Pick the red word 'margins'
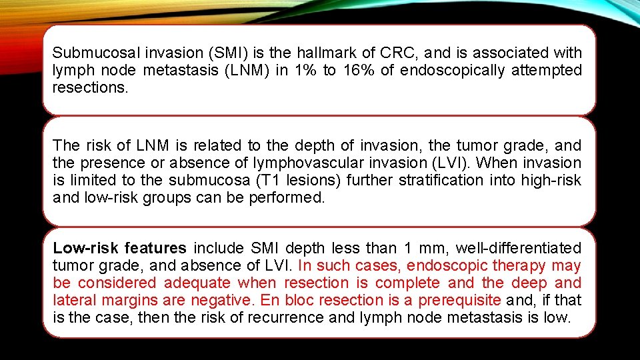pyautogui.click(x=129, y=300)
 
